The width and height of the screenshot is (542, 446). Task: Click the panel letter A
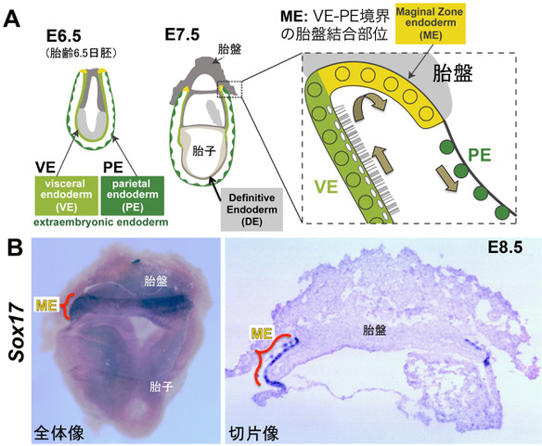click(12, 19)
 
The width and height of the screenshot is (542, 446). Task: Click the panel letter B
click(16, 248)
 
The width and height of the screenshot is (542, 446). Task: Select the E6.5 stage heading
click(64, 36)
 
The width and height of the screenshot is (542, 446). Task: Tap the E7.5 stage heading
click(182, 34)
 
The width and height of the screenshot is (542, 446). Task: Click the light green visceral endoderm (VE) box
click(67, 196)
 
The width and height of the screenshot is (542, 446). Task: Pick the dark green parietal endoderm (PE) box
click(133, 196)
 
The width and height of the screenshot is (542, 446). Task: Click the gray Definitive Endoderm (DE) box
click(252, 210)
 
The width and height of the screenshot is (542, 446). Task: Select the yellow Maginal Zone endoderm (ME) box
click(431, 23)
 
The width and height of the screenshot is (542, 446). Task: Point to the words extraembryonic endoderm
click(101, 223)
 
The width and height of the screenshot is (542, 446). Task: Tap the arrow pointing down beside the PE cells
click(446, 178)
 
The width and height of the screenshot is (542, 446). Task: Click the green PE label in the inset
click(480, 155)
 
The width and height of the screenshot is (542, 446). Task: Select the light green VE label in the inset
click(326, 187)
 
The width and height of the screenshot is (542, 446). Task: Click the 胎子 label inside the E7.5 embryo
click(204, 150)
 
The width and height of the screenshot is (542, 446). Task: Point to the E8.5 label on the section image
click(505, 247)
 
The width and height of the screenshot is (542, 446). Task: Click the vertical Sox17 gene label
click(18, 333)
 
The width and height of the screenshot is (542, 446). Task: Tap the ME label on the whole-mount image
click(46, 305)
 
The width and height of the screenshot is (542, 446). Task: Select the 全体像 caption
click(59, 432)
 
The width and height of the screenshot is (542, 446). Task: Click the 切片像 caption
click(253, 433)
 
